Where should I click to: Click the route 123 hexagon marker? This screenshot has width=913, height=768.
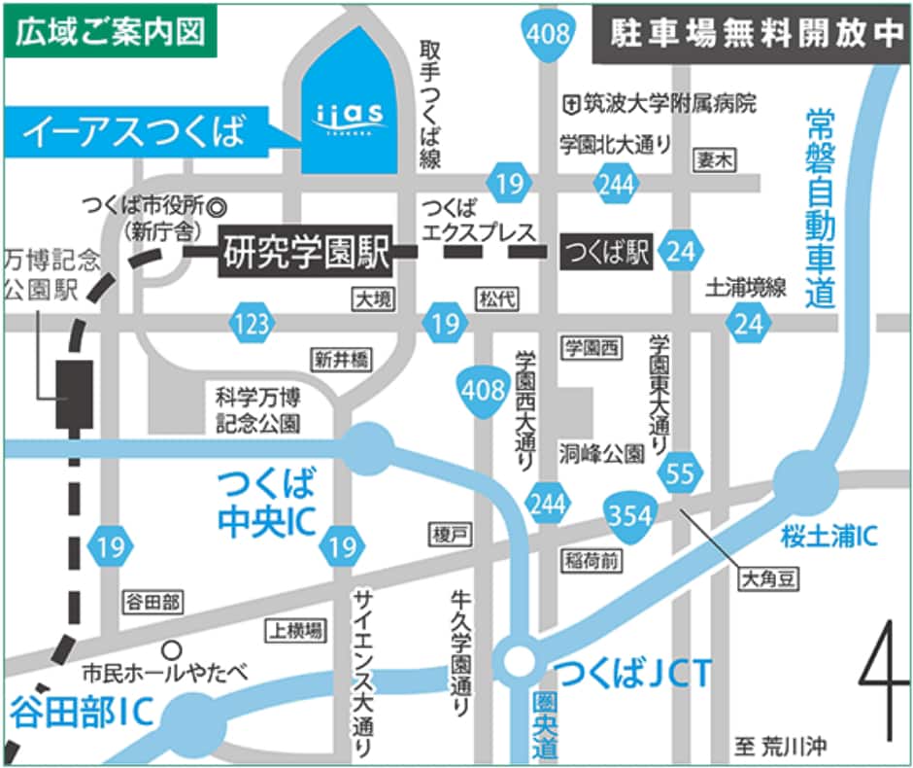[x=253, y=323]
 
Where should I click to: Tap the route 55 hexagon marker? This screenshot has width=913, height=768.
[x=681, y=474]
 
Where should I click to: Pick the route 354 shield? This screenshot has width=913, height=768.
[x=630, y=515]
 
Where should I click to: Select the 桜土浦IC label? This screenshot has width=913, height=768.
[x=829, y=534]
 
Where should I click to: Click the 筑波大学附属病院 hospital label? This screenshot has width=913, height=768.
[x=660, y=102]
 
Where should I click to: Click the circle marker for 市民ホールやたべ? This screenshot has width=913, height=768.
[x=172, y=647]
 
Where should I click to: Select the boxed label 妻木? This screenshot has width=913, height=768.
[x=712, y=161]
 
